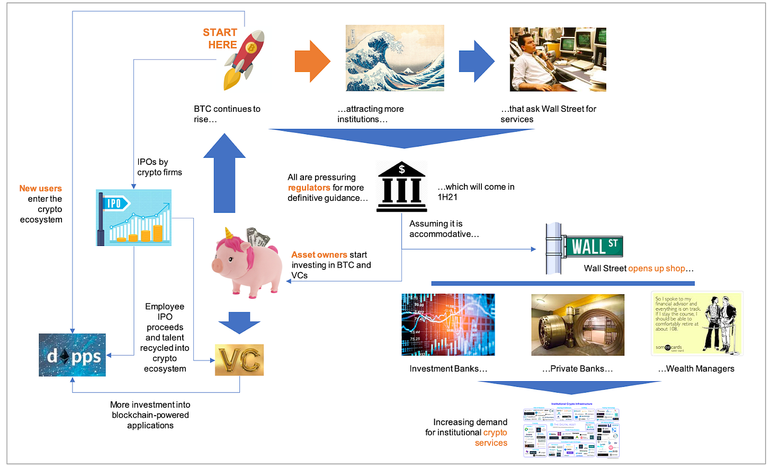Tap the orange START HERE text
(x=220, y=39)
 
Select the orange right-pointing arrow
(x=312, y=61)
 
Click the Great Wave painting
(x=395, y=58)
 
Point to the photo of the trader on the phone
(x=558, y=59)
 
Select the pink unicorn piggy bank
(x=246, y=261)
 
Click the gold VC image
(x=239, y=360)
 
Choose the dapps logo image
(x=73, y=355)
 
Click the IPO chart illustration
(x=133, y=218)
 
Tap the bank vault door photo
(x=578, y=324)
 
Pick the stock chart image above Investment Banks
(x=448, y=324)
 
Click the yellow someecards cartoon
(x=697, y=323)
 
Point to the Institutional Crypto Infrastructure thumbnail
(x=571, y=431)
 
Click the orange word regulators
(x=309, y=188)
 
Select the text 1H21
(x=447, y=197)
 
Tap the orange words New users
(x=41, y=188)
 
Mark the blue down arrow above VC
(x=239, y=322)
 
